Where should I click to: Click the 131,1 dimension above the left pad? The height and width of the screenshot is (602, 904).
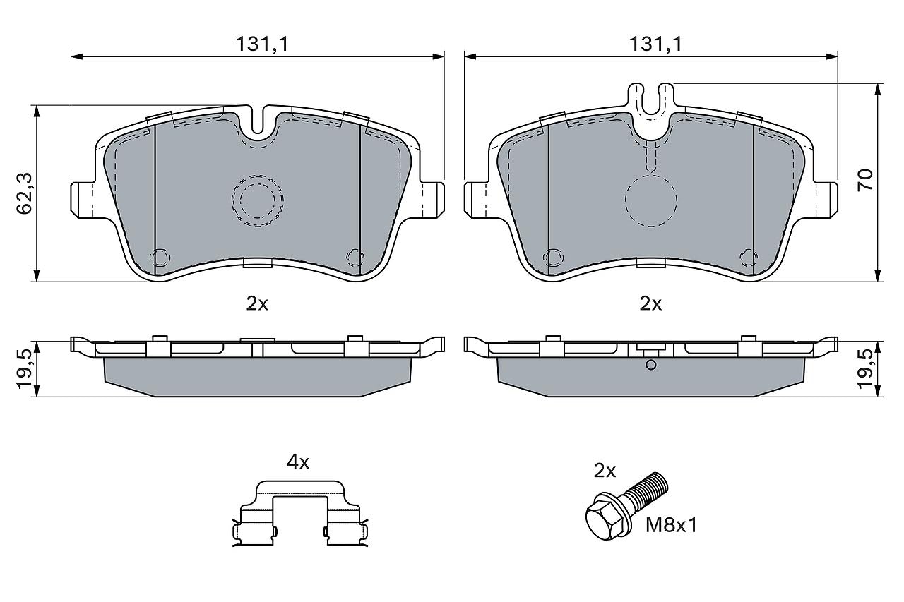pyautogui.click(x=262, y=44)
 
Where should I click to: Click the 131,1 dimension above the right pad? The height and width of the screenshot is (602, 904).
pyautogui.click(x=656, y=44)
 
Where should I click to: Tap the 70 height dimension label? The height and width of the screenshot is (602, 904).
pyautogui.click(x=865, y=180)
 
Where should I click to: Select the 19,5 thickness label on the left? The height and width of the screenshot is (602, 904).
pyautogui.click(x=25, y=369)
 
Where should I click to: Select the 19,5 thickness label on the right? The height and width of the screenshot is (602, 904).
pyautogui.click(x=865, y=369)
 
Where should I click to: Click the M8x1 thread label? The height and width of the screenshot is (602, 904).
pyautogui.click(x=671, y=525)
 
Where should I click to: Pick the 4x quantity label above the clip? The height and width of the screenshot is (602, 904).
pyautogui.click(x=298, y=462)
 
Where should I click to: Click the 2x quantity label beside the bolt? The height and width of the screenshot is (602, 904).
pyautogui.click(x=605, y=471)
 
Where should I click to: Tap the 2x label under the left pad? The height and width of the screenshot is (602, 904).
pyautogui.click(x=257, y=303)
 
